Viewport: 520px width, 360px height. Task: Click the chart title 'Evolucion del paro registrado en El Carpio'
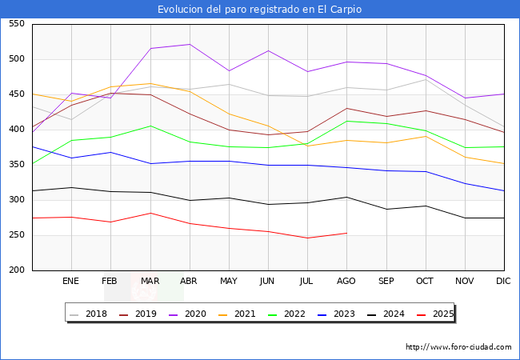tap(259, 10)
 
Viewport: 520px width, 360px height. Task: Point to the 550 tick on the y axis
tap(15, 24)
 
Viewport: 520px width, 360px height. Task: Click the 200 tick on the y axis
tap(15, 270)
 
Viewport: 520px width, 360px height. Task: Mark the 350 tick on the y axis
tap(15, 165)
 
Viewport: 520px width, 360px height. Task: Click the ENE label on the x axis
tap(71, 282)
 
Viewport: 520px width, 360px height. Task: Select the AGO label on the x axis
tap(346, 282)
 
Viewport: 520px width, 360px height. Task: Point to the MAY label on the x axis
tap(229, 282)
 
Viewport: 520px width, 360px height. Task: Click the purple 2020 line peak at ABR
tap(190, 44)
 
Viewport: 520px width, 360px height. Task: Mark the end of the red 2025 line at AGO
tap(346, 233)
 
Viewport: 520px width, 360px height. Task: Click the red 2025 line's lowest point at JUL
tap(307, 238)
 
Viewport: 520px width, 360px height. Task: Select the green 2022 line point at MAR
tap(150, 126)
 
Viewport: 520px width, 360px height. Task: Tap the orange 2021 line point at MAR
tap(150, 83)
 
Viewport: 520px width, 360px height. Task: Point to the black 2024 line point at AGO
tap(346, 197)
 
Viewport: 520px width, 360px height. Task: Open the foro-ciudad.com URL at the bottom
tap(458, 347)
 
